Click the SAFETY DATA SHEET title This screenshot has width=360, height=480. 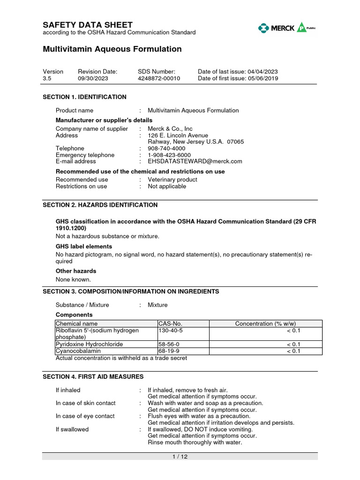[x=88, y=25]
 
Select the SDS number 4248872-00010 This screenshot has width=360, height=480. [x=158, y=78]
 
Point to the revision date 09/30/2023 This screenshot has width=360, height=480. [x=93, y=78]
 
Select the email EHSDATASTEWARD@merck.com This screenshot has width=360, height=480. [x=195, y=161]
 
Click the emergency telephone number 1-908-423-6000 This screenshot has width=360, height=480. [x=169, y=155]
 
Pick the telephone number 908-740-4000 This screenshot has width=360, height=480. [x=166, y=148]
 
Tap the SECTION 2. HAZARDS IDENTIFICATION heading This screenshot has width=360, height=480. [x=100, y=205]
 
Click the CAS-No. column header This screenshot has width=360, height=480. [x=170, y=323]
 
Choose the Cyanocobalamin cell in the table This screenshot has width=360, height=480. [x=78, y=351]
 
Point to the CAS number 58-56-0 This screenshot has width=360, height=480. [x=169, y=344]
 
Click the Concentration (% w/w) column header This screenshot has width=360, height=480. [x=265, y=323]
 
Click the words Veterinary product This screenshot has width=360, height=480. [x=172, y=180]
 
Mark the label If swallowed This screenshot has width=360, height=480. [x=72, y=429]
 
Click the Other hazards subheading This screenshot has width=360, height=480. [x=76, y=271]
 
